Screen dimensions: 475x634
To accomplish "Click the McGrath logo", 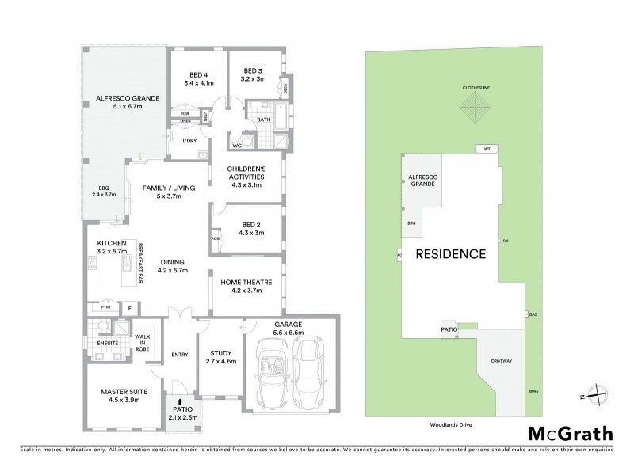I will click(x=570, y=433).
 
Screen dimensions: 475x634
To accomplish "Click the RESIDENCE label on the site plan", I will click(x=451, y=254).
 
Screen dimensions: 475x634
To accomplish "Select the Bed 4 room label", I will click(x=198, y=78).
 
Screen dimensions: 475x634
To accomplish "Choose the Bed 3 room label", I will click(x=254, y=75).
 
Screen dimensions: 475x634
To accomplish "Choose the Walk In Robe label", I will click(x=143, y=344).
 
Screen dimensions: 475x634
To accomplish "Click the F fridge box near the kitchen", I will click(x=129, y=306).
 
